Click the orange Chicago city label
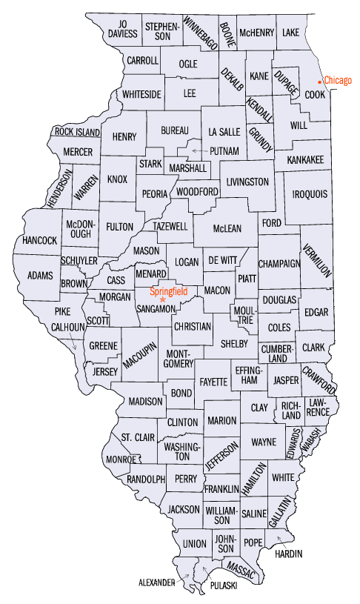(338, 81)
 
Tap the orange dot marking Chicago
(320, 81)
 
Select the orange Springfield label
(168, 291)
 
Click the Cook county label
(316, 96)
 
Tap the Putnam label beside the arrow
(224, 151)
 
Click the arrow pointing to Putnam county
(199, 150)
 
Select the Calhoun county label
(66, 327)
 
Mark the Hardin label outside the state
(289, 554)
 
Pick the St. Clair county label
(138, 437)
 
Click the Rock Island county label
(76, 132)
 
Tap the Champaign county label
(279, 263)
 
